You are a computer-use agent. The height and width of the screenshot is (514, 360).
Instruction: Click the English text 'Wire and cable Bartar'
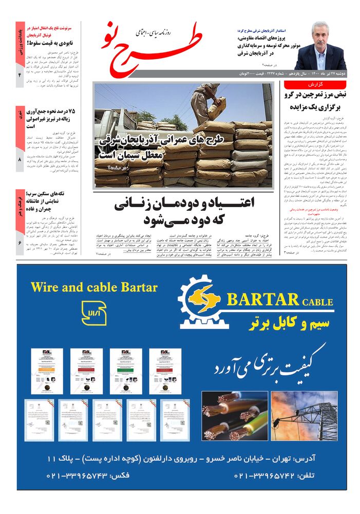click(94, 287)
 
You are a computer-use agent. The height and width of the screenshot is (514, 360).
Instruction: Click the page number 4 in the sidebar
click(20, 75)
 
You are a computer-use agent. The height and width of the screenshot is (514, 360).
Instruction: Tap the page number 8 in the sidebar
click(20, 160)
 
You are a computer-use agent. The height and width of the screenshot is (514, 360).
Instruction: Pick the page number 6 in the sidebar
click(20, 243)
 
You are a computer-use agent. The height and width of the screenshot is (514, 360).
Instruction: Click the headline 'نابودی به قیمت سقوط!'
click(49, 43)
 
